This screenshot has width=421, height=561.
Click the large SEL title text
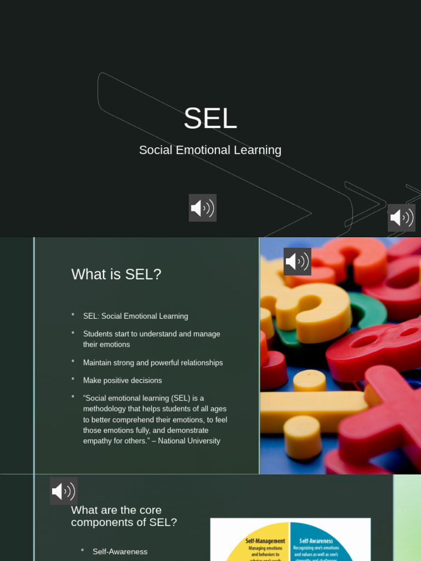coord(210,118)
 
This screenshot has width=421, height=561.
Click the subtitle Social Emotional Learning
coord(210,150)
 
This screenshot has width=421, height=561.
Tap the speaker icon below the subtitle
coord(202,208)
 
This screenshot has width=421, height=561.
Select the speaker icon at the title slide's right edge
coord(401,217)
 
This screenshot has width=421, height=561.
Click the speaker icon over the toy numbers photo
coord(297,261)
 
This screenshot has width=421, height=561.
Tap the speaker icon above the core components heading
coord(64,491)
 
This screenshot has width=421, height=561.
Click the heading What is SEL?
coord(116,274)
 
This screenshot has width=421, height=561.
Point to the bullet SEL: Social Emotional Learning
coord(135,316)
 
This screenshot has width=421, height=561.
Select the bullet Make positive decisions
coord(122,380)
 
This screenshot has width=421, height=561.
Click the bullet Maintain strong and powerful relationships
coord(153,363)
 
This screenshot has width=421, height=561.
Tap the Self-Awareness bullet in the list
coord(120,552)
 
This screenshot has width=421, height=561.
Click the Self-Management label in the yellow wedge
coord(265,541)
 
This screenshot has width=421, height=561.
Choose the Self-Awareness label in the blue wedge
coord(316,541)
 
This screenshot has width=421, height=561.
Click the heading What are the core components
coord(124,516)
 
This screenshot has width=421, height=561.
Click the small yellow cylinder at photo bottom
coord(303,436)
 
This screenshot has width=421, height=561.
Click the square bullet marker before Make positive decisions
coord(72,379)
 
